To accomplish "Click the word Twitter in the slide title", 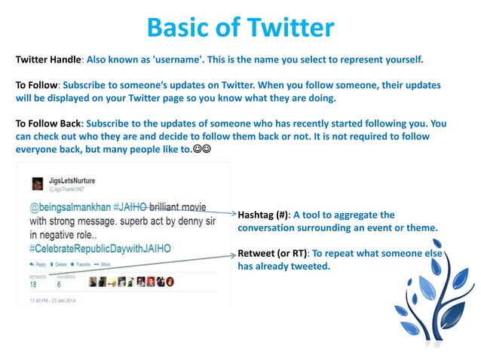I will pos(286,28).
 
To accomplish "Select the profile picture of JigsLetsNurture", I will pos(37,184).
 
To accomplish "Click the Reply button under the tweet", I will pos(38,265).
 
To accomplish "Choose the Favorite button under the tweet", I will pos(81,265).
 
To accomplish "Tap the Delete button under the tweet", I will pos(60,265).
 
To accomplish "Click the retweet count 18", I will pos(33,285).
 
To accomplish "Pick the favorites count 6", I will pos(59,285).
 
